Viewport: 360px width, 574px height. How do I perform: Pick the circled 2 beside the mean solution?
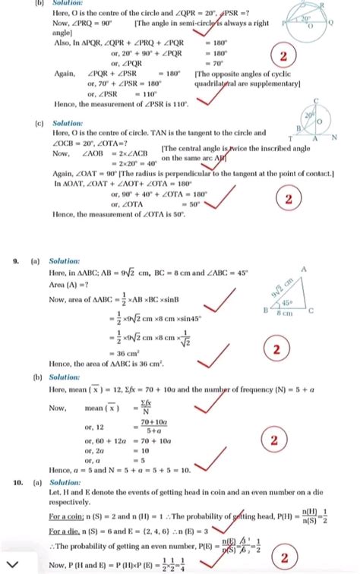click(x=273, y=441)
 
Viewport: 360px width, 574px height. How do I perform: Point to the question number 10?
click(x=17, y=482)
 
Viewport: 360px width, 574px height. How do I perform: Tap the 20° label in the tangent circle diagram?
click(x=309, y=117)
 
